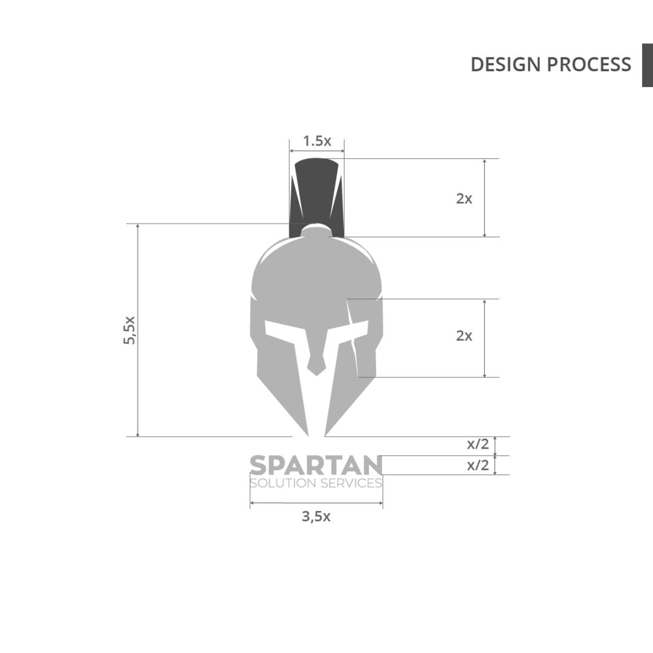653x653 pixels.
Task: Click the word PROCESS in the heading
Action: [x=589, y=65]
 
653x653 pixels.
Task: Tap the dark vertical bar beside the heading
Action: [x=648, y=65]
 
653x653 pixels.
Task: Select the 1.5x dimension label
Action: [x=317, y=141]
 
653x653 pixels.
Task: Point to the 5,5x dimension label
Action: [x=129, y=330]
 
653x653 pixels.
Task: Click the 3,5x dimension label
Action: [x=316, y=517]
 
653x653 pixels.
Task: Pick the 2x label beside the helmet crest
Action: [x=464, y=199]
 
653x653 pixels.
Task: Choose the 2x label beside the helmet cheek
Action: [x=464, y=336]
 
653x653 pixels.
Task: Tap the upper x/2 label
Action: [x=478, y=444]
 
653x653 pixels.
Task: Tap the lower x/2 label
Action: [x=478, y=465]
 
